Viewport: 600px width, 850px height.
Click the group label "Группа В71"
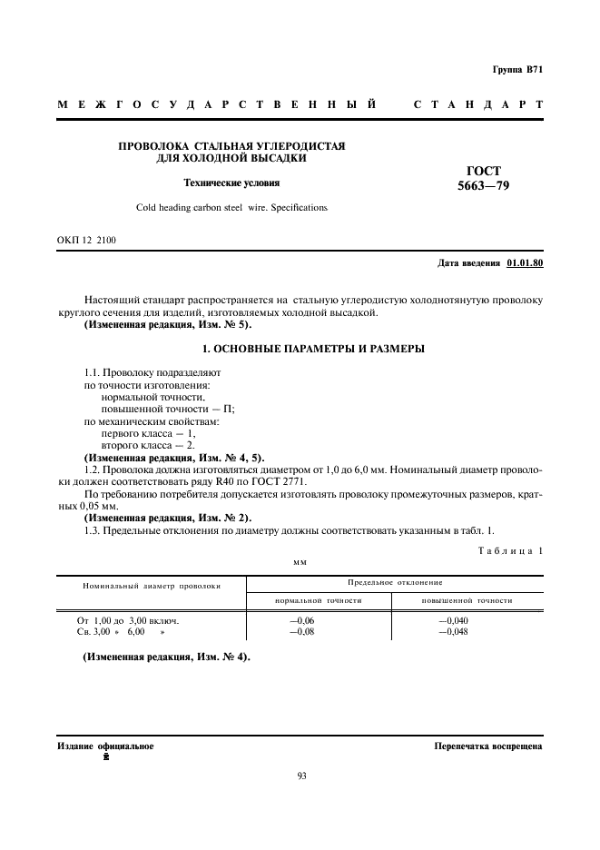(x=517, y=70)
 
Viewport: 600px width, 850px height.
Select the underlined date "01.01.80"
(x=524, y=263)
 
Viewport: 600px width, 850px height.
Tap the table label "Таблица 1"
(x=509, y=551)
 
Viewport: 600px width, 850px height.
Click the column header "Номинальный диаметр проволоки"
(x=152, y=586)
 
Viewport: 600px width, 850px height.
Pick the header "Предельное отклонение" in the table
(x=395, y=580)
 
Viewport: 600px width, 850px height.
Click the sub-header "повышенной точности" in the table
(x=467, y=600)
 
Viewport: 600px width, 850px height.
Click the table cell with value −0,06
(x=300, y=620)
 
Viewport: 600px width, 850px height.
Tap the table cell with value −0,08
(x=300, y=631)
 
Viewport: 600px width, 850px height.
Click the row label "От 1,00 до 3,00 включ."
(x=128, y=620)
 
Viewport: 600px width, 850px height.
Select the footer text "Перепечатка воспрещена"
(x=488, y=746)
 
